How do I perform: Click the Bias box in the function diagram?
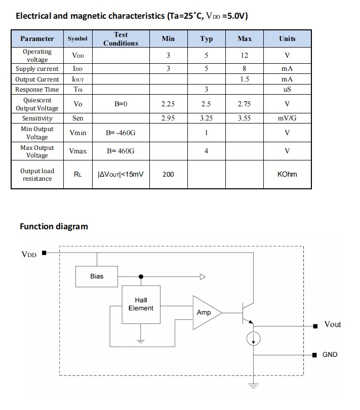pos(97,276)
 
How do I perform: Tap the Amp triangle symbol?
pos(206,312)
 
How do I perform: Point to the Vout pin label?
pos(333,324)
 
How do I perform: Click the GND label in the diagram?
pos(330,355)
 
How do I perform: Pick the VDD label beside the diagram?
pos(29,254)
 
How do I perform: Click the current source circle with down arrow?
pos(253,339)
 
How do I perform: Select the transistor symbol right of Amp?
pos(247,313)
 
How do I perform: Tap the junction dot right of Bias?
pos(141,276)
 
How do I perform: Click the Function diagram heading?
pos(54,226)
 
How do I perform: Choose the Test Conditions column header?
pos(121,39)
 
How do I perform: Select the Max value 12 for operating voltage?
pos(244,56)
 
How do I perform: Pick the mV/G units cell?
pos(287,118)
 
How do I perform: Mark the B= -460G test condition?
pos(121,133)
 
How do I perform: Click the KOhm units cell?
pos(287,175)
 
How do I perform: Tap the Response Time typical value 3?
pos(206,90)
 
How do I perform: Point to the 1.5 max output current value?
pos(244,79)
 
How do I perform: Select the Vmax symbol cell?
pos(77,151)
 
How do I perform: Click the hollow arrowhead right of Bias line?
pos(203,276)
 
